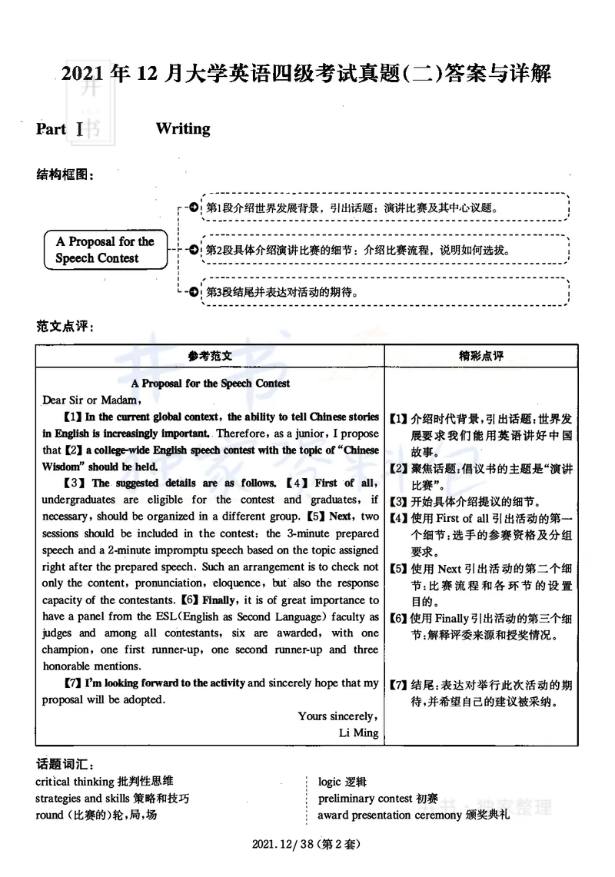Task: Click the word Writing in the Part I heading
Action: (x=183, y=128)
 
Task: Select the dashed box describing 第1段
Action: (x=384, y=208)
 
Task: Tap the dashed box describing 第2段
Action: (x=384, y=251)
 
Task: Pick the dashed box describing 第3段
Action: (x=384, y=292)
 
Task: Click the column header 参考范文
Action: (x=210, y=356)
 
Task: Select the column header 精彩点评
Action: (x=480, y=356)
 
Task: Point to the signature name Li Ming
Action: (x=359, y=732)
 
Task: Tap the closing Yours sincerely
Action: (x=338, y=716)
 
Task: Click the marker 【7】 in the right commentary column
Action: (x=397, y=684)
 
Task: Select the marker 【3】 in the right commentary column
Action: (x=397, y=502)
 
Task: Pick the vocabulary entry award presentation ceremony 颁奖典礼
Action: (x=414, y=815)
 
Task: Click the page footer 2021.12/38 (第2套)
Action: (x=306, y=844)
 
